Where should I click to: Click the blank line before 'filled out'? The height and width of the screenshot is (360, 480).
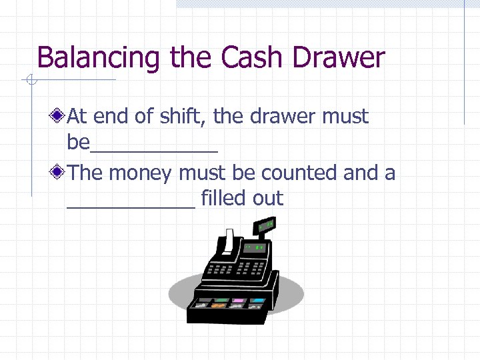(x=131, y=205)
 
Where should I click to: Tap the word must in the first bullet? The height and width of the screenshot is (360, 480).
(x=345, y=117)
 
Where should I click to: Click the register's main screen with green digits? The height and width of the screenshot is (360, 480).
(x=256, y=249)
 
